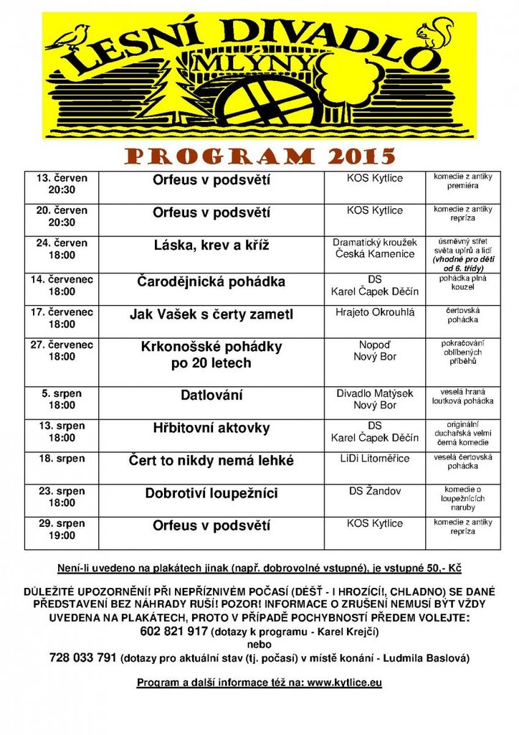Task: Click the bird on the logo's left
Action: tap(70, 38)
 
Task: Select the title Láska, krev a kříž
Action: tap(211, 245)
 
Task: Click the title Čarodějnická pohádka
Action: tap(211, 281)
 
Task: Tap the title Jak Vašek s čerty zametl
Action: tap(211, 314)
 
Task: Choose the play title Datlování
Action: tap(211, 395)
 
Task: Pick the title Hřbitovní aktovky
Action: tap(211, 429)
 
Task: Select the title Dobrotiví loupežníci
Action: tap(211, 494)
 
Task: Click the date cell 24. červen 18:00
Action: tap(62, 249)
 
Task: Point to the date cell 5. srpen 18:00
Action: tap(62, 400)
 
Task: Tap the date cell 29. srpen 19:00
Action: tap(62, 530)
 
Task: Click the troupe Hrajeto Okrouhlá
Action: tap(375, 312)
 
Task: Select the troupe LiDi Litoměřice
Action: tap(375, 459)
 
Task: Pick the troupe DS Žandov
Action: tap(375, 491)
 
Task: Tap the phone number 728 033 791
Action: tap(82, 657)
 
